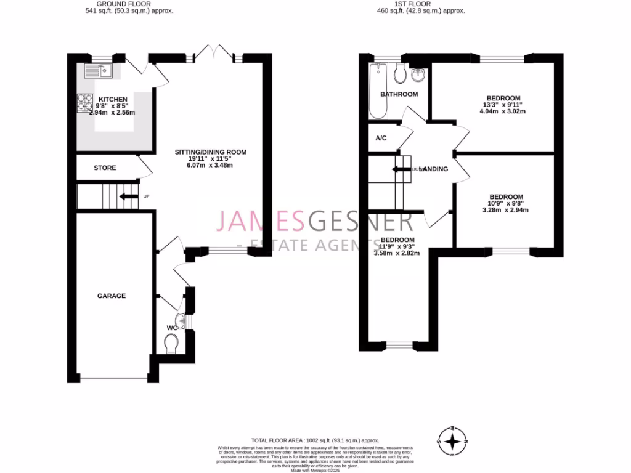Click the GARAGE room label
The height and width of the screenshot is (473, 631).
point(111,296)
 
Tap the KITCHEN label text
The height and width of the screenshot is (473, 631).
point(113,99)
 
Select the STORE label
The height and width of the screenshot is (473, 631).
point(105,168)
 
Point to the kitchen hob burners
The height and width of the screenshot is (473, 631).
point(84,103)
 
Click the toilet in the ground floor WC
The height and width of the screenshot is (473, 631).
point(171,343)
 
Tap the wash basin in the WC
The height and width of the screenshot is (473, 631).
point(179,320)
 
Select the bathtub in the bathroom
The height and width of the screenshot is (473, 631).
point(377,91)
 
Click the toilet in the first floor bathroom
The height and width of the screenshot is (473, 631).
point(399,74)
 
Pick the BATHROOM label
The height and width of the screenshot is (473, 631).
point(399,94)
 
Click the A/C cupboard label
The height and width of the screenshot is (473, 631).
point(381,137)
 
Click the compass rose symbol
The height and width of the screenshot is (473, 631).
point(453,441)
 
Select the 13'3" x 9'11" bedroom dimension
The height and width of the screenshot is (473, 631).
point(503,105)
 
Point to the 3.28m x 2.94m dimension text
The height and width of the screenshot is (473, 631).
point(505,209)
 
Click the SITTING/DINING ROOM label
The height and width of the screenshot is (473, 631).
point(211,152)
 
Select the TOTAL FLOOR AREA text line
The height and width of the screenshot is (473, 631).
point(315,440)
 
